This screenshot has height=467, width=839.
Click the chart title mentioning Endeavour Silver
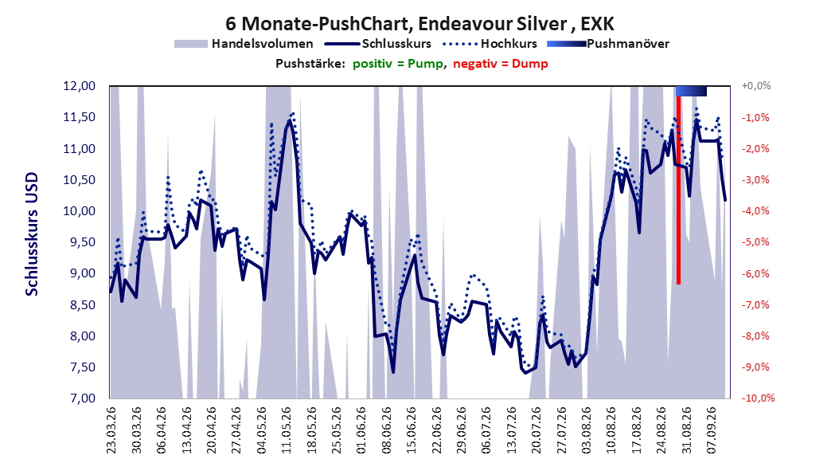(419, 24)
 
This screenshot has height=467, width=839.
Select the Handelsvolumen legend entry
(244, 44)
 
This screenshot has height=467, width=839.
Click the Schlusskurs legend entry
(377, 44)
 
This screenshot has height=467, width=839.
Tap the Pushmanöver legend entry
(608, 44)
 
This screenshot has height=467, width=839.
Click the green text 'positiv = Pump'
(398, 64)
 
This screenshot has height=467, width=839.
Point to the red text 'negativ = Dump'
(501, 64)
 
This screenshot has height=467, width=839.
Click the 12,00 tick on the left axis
(79, 86)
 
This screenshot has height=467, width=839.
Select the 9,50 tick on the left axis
(79, 242)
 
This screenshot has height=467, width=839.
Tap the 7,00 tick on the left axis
(79, 398)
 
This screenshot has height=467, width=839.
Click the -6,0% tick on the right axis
(755, 273)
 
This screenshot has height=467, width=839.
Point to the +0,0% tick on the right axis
(756, 86)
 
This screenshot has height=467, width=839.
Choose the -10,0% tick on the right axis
(758, 398)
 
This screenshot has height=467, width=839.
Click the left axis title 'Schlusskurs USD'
(32, 234)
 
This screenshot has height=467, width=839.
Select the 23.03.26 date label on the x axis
(111, 430)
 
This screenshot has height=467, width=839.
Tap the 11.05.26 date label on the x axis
(287, 430)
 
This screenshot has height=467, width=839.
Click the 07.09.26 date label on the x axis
(711, 430)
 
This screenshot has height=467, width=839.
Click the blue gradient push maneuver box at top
(691, 92)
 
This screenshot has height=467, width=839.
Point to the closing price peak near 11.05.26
(290, 120)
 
